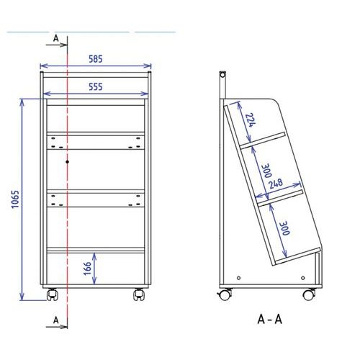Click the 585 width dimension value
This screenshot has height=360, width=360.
point(96,59)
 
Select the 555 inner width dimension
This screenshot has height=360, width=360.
point(96,86)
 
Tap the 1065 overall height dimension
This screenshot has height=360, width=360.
point(15,199)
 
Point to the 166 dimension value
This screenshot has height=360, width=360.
point(87,269)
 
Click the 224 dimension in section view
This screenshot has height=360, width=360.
point(251,120)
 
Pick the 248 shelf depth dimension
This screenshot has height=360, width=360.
point(276,184)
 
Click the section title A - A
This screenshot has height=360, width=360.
point(269,319)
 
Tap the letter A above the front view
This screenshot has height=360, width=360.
point(56,38)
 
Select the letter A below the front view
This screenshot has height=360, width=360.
point(56,320)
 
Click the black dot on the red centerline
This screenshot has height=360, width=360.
point(68,162)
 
